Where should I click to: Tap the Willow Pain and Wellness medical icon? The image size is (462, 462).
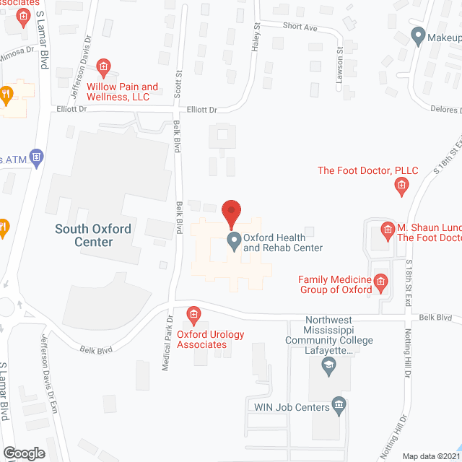pos(103,69)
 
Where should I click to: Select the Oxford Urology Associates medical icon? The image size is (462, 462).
pos(193,314)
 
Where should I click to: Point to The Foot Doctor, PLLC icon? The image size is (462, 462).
pos(401,188)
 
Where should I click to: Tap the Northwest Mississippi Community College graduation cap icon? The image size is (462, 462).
pos(328,368)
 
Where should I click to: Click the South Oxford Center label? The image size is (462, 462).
pos(94,235)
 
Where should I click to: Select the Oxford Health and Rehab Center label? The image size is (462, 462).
pos(282,242)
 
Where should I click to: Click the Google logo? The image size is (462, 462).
pos(24,453)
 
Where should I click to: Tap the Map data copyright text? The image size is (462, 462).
pos(431,456)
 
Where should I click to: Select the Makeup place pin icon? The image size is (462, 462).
pos(417,35)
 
